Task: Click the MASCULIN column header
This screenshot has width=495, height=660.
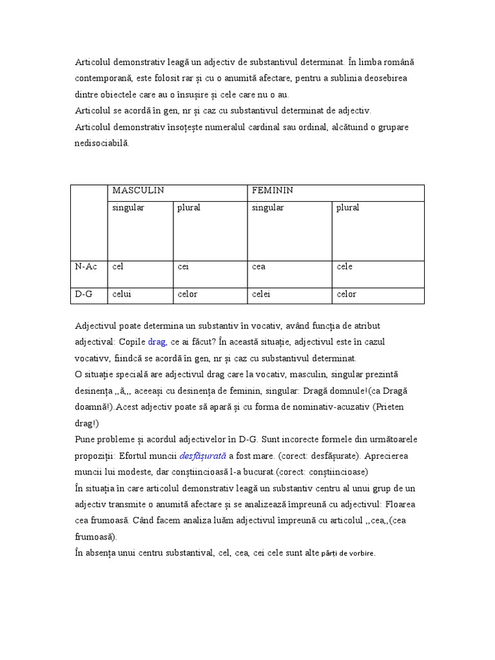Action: (138, 191)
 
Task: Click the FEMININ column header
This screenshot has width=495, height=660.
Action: (272, 191)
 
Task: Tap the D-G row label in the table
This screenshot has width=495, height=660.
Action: (84, 295)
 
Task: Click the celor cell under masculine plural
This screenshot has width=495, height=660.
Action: (187, 295)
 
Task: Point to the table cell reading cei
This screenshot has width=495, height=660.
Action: (182, 267)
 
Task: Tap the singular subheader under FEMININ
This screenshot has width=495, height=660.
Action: (267, 208)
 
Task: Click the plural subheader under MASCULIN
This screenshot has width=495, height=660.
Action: (188, 208)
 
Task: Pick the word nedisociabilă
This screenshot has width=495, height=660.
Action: (102, 144)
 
